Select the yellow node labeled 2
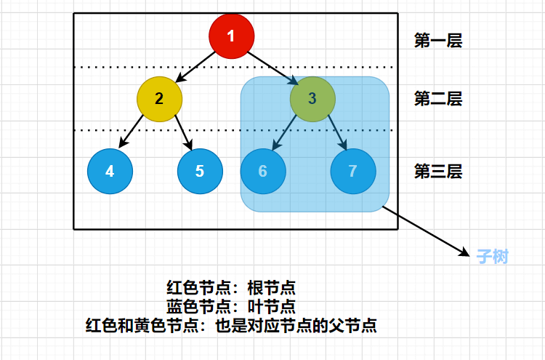[159, 98]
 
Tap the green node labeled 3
[312, 98]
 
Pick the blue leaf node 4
[110, 172]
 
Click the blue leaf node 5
[200, 172]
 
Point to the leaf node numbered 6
[263, 172]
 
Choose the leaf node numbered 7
[353, 172]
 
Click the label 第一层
[438, 41]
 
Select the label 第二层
[438, 98]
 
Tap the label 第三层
[438, 172]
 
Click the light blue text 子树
[492, 257]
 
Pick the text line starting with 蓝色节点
[231, 306]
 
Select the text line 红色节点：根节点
[231, 287]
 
